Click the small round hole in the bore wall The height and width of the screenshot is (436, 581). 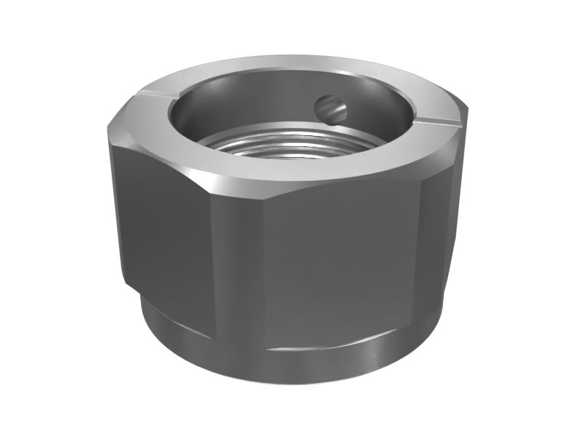330,108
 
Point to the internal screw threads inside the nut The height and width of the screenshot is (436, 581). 290,142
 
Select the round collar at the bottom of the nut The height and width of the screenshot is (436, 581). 290,363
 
